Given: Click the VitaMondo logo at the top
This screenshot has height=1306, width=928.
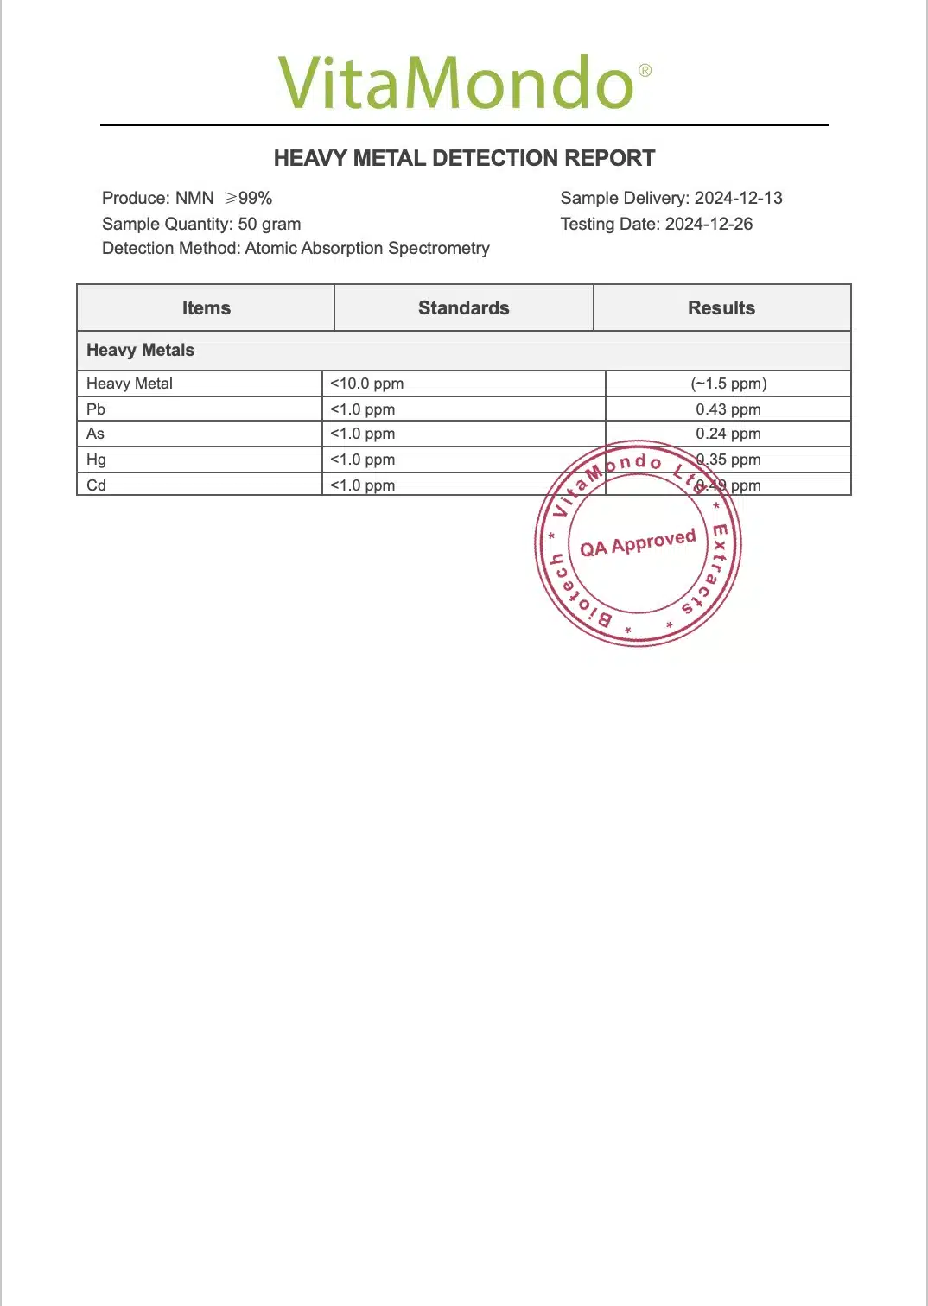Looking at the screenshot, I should [x=456, y=83].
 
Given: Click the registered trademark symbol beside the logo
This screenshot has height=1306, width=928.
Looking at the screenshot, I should [x=645, y=71].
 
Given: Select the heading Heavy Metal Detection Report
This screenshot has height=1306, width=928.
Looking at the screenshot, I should [x=464, y=158].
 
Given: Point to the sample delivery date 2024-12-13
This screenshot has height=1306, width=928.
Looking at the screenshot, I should [x=738, y=198].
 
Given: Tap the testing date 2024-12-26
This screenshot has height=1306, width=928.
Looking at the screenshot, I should [x=709, y=224].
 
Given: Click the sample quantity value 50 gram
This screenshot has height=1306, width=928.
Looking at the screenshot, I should [x=269, y=224].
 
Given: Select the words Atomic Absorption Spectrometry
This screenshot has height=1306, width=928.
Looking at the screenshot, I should [x=367, y=248].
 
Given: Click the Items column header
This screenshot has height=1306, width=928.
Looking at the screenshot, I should [x=206, y=308].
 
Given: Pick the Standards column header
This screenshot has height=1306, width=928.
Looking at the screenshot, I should [x=463, y=308].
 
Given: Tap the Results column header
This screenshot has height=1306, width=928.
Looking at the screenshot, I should [x=721, y=308].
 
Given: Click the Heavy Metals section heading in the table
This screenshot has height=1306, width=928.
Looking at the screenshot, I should [x=140, y=350].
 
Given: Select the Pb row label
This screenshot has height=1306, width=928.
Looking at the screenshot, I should [x=96, y=409].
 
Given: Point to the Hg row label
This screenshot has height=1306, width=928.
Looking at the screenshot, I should [x=96, y=460].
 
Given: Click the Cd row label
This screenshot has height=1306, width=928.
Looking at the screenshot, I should [x=96, y=485].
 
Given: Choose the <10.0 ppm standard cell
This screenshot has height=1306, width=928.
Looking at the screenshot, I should [x=366, y=384].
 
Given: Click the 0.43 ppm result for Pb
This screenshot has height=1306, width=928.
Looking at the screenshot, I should [x=728, y=409].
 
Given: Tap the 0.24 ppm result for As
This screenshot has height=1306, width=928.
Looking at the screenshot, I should [x=728, y=434].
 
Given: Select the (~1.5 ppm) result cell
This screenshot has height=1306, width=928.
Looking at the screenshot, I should [x=728, y=384].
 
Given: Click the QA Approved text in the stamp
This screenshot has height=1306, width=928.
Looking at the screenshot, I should [x=638, y=543].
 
